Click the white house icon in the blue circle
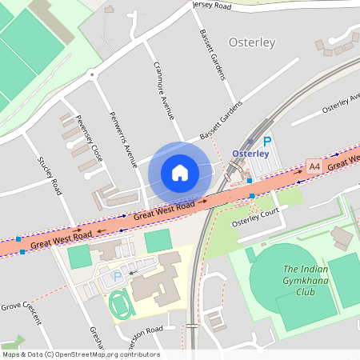click(180, 173)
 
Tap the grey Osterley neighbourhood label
click(252, 42)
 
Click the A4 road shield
click(314, 166)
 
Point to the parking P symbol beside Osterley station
click(267, 142)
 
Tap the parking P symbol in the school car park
click(118, 276)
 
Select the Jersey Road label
click(212, 5)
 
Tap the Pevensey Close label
click(89, 138)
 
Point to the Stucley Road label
click(50, 175)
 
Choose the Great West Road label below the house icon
click(164, 210)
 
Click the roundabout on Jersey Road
click(93, 75)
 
